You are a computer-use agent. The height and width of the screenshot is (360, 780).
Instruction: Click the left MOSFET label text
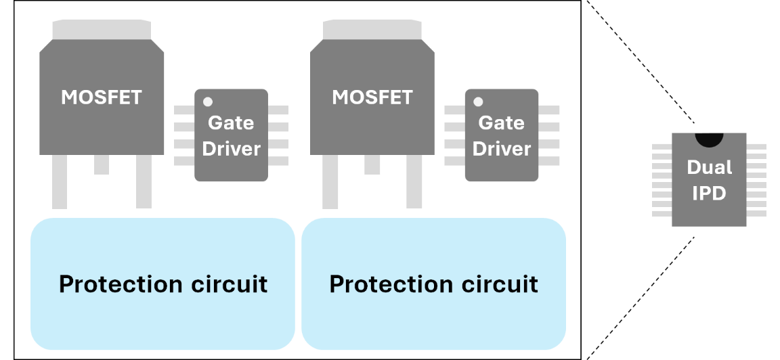click(x=102, y=97)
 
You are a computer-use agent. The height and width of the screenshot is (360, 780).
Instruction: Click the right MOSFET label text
click(x=372, y=97)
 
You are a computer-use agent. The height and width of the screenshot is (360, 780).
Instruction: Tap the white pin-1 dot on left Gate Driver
click(x=208, y=102)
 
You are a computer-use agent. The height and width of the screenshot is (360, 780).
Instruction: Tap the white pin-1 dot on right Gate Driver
click(x=478, y=102)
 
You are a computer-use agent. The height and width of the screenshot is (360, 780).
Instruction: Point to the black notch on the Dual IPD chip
click(x=709, y=139)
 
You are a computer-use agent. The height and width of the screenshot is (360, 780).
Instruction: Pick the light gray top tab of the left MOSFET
click(x=102, y=30)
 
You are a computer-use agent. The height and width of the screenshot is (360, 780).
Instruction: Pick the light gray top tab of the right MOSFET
click(x=372, y=30)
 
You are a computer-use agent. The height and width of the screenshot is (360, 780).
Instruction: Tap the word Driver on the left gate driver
click(x=232, y=149)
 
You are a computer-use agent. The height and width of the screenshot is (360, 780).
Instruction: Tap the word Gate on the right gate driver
click(x=502, y=123)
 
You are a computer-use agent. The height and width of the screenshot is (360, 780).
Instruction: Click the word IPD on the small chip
click(x=709, y=194)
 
